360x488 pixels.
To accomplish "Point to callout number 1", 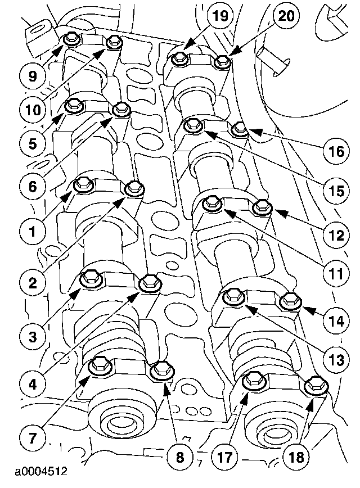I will [x=32, y=229].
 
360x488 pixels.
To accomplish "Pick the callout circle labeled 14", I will [x=336, y=321].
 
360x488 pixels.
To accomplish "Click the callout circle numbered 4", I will [x=32, y=385].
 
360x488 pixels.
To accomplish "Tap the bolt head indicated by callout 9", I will [x=70, y=39].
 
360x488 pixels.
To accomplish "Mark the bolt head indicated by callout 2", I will [x=134, y=188].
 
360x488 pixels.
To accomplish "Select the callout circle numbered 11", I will [x=336, y=275].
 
